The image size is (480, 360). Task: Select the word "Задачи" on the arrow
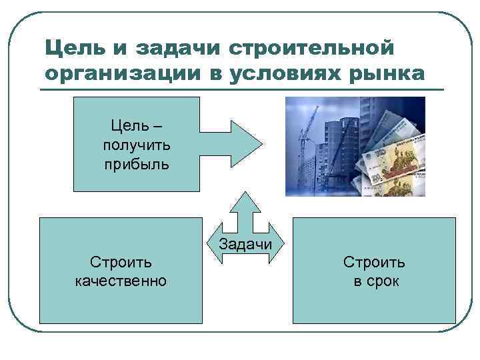[x=245, y=244]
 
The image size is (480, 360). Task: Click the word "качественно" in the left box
[x=121, y=281]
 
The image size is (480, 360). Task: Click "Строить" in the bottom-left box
[x=121, y=262]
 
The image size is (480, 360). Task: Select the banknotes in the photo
[x=393, y=153]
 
